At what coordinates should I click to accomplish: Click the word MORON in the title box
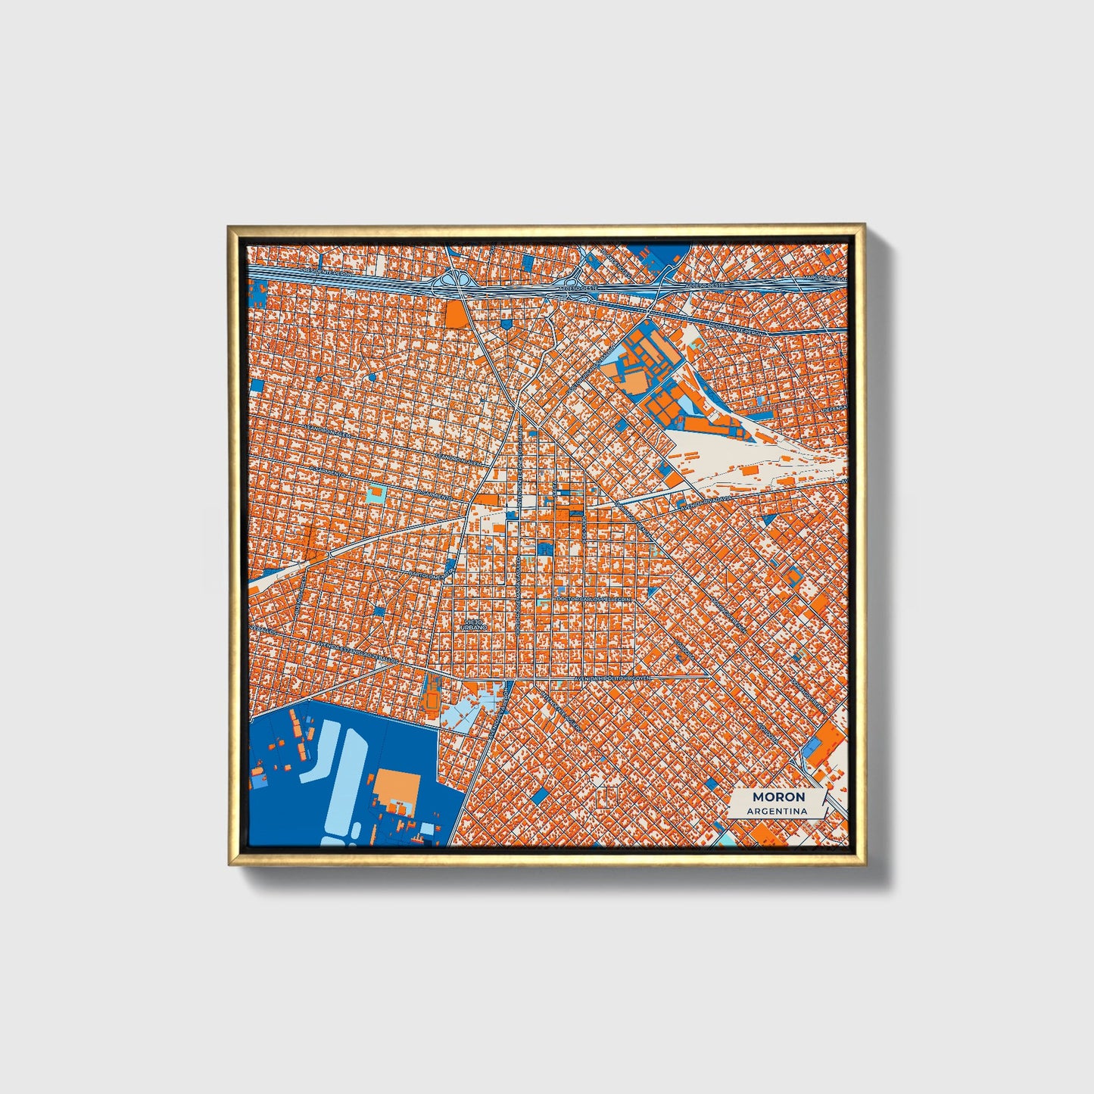[778, 797]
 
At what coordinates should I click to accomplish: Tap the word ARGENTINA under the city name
[778, 812]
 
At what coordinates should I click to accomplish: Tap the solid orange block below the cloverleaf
[456, 314]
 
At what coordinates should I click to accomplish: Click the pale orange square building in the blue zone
[393, 787]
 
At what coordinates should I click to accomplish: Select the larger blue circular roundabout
[372, 377]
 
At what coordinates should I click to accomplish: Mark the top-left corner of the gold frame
[228, 225]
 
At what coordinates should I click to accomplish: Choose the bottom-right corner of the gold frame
[865, 865]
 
